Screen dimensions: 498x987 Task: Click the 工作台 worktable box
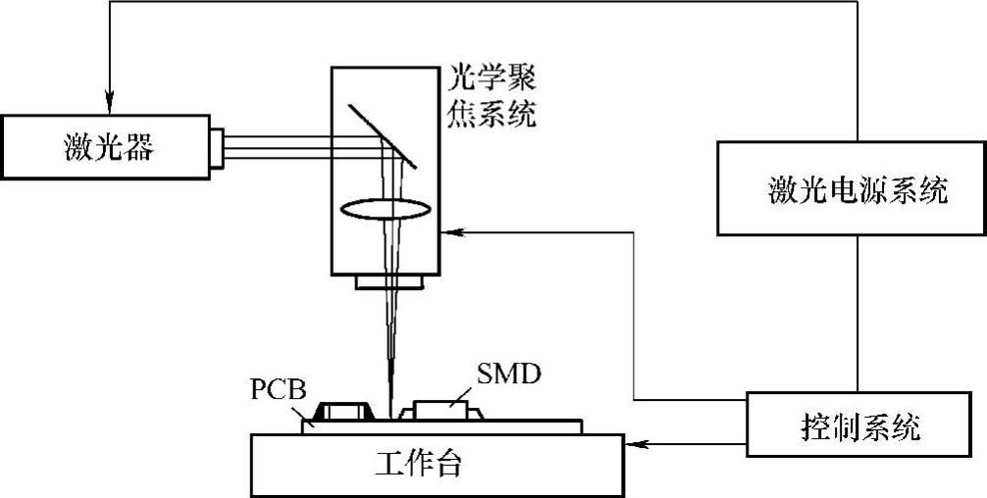[x=437, y=463]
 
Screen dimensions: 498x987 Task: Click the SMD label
[x=508, y=374]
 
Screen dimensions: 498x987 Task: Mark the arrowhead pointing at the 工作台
[x=631, y=444]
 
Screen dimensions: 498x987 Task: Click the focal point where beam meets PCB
[x=390, y=416]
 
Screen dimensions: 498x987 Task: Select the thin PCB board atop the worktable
[x=549, y=426]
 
